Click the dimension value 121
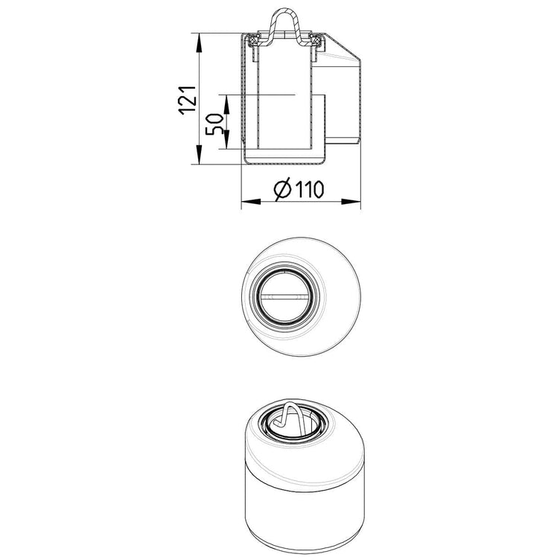(188, 101)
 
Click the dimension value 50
(214, 124)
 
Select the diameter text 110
(309, 189)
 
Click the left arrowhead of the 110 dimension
(251, 201)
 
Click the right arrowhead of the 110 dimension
(351, 201)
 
